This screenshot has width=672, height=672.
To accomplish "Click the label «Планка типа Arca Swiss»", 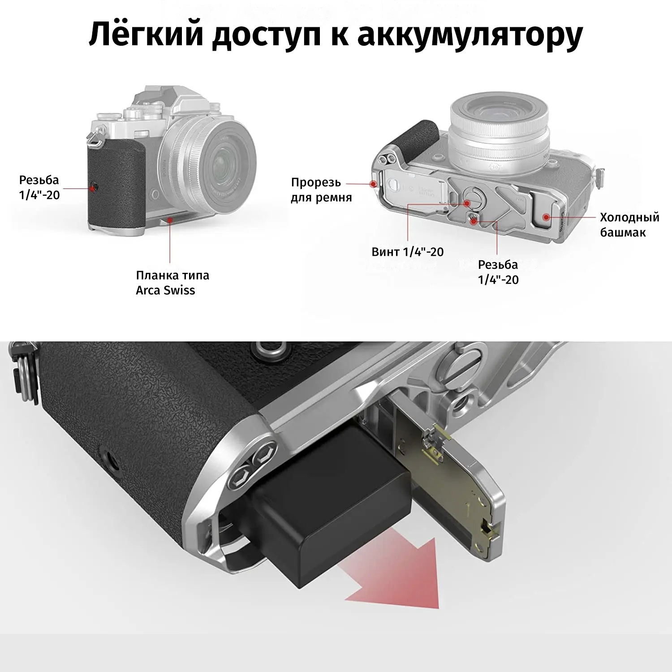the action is pyautogui.click(x=172, y=282).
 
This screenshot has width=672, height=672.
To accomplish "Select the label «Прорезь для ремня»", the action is pyautogui.click(x=321, y=190).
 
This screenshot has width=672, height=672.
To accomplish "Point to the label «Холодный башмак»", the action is pyautogui.click(x=629, y=224).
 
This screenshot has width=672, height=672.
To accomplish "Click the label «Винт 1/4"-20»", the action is pyautogui.click(x=408, y=252).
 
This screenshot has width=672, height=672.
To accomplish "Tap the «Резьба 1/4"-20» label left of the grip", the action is pyautogui.click(x=39, y=187).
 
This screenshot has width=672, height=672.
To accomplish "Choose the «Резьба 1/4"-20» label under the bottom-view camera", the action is pyautogui.click(x=498, y=272).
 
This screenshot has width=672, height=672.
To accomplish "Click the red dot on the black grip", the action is pyautogui.click(x=94, y=187).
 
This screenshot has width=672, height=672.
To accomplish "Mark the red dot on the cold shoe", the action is pyautogui.click(x=546, y=217).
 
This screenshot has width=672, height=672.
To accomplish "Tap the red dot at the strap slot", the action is pyautogui.click(x=373, y=183).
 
